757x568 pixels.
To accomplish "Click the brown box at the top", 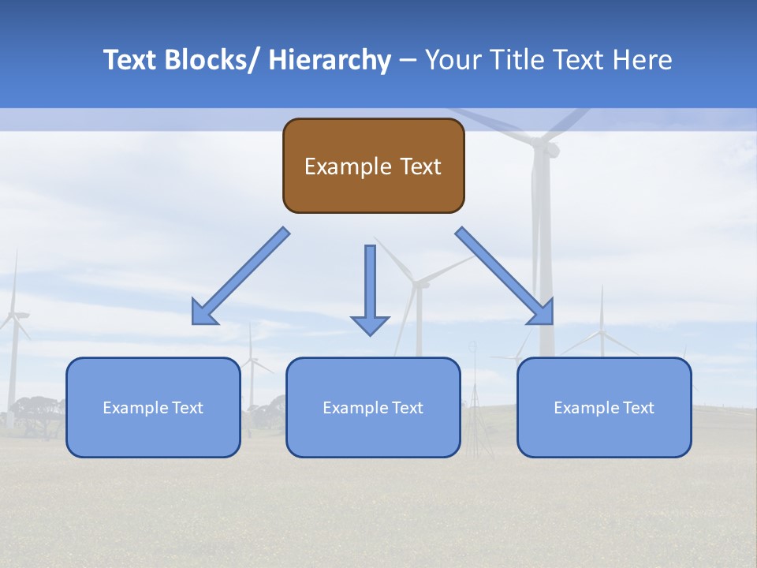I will [x=373, y=166].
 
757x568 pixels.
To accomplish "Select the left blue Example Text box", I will [x=153, y=407].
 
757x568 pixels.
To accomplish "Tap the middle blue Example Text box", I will [x=373, y=407].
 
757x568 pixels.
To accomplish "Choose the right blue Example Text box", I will [x=604, y=407].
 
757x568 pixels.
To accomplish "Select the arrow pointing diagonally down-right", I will [x=505, y=276].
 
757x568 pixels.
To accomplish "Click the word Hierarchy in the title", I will [x=330, y=60].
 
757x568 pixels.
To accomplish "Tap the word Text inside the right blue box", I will [x=637, y=408].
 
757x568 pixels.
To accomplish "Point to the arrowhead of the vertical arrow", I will [x=370, y=325].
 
